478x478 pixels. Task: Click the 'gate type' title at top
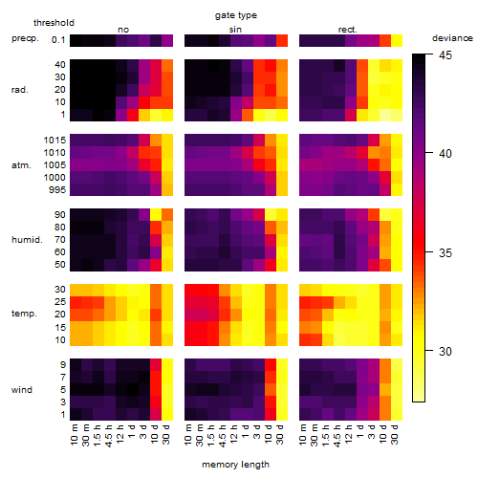coord(236,15)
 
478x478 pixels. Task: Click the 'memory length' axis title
coord(235,465)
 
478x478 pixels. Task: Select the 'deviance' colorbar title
coord(452,38)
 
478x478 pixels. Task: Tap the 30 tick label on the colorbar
coord(445,351)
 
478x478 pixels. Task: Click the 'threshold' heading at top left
coord(54,23)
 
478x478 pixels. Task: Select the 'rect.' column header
coord(347,30)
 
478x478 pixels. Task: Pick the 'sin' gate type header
coord(235,30)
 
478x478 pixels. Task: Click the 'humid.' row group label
coord(27,240)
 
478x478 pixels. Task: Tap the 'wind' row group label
coord(22,390)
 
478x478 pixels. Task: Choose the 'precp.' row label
coord(25,38)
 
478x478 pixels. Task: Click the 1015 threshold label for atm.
coord(54,140)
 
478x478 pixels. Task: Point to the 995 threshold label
coord(57,190)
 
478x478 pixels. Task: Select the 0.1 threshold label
coord(58,40)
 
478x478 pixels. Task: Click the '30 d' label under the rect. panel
coord(395,434)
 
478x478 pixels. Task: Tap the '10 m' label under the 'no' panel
coord(74,435)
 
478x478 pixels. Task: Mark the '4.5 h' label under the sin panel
coord(223,436)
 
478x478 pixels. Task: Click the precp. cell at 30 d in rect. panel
coord(397,40)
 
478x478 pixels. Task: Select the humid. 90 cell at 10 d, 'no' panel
coord(156,215)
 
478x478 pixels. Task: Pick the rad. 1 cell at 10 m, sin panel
coord(190,115)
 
